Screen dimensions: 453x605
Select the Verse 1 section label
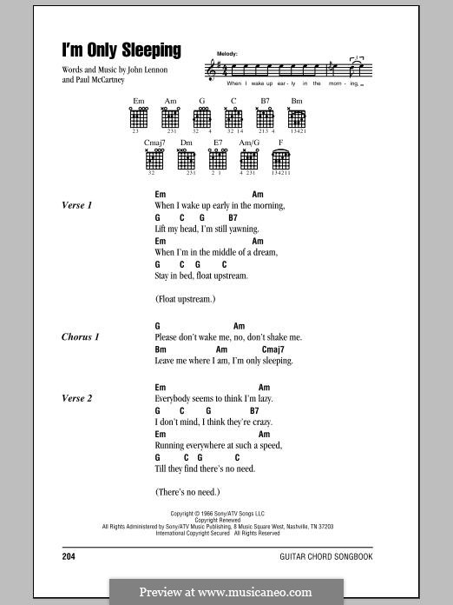tap(77, 205)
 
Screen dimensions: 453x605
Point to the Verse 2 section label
tap(77, 398)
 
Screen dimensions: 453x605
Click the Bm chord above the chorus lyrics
tap(161, 349)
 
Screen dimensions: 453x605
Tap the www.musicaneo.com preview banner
tap(226, 592)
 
